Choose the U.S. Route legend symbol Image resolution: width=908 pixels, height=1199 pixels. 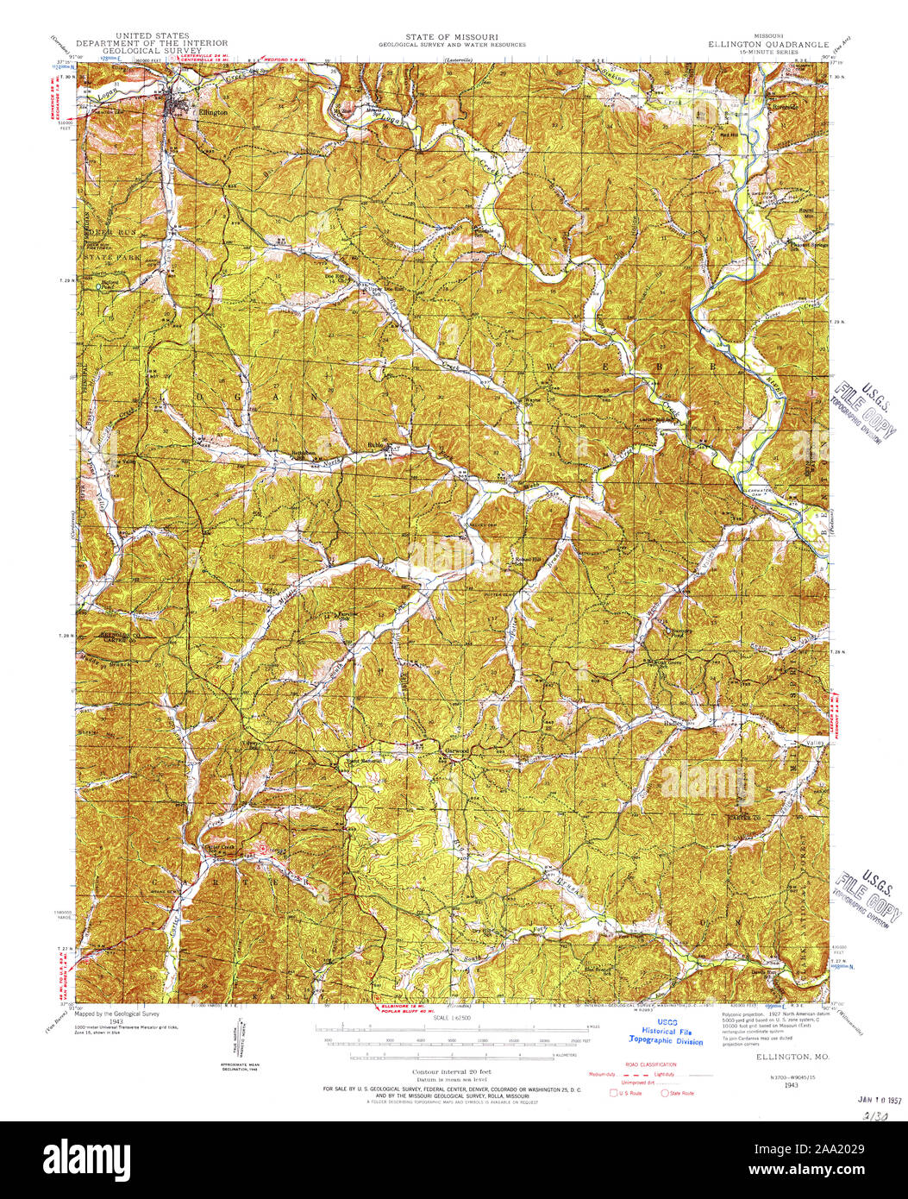[x=614, y=1094]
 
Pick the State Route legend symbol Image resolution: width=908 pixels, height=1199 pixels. [x=665, y=1094]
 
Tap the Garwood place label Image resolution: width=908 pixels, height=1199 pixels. [x=456, y=751]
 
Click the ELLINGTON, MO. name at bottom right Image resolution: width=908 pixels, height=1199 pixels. [x=781, y=1056]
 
